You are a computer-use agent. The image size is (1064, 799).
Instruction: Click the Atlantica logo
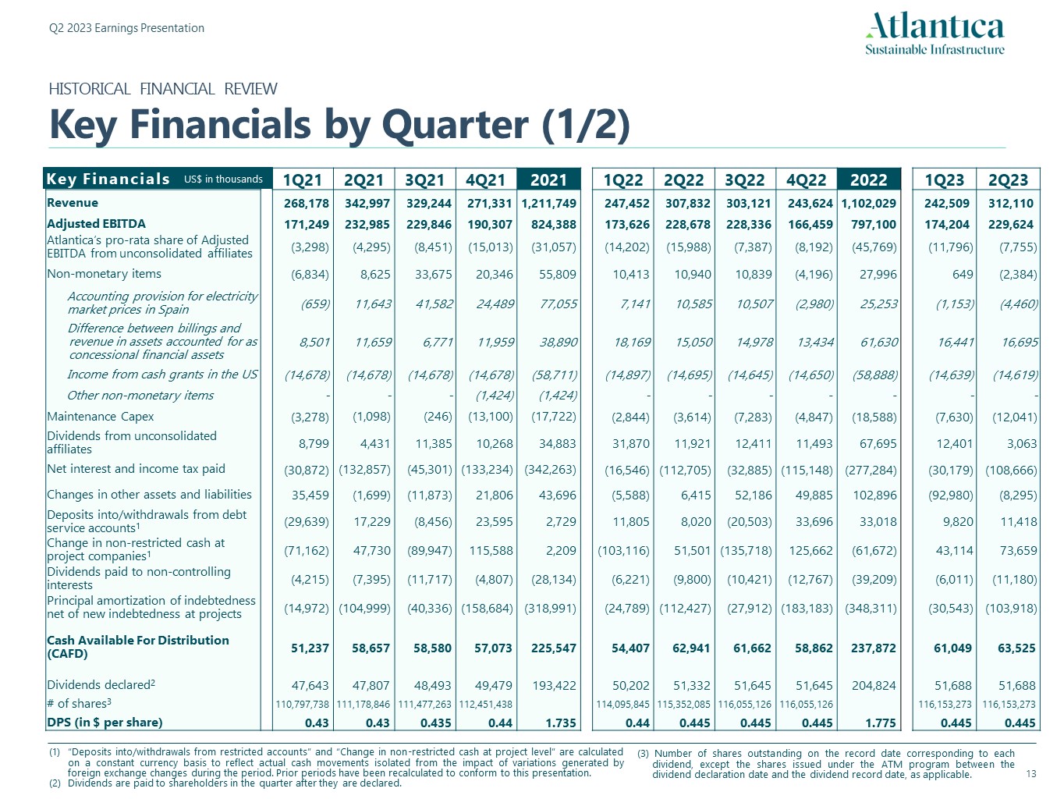click(935, 34)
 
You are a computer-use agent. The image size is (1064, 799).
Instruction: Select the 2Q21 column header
click(364, 180)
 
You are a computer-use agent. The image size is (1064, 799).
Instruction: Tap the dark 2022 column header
click(868, 180)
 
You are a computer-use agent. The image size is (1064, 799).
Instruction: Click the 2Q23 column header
click(1008, 180)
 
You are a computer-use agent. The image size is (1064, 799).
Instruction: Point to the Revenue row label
click(73, 203)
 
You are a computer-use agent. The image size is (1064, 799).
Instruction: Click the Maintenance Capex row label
click(101, 417)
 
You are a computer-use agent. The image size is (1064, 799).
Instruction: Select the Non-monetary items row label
click(104, 274)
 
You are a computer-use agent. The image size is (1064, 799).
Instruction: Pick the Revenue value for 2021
click(549, 204)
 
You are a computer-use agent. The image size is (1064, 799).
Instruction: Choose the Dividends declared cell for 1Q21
click(310, 686)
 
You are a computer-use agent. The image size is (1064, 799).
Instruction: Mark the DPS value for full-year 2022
click(881, 723)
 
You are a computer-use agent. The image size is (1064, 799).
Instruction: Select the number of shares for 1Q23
click(945, 705)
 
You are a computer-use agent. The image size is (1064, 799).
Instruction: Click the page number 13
click(1030, 774)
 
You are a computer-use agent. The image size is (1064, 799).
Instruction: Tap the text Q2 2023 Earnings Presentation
click(126, 28)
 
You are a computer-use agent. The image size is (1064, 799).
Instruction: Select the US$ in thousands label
click(223, 179)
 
